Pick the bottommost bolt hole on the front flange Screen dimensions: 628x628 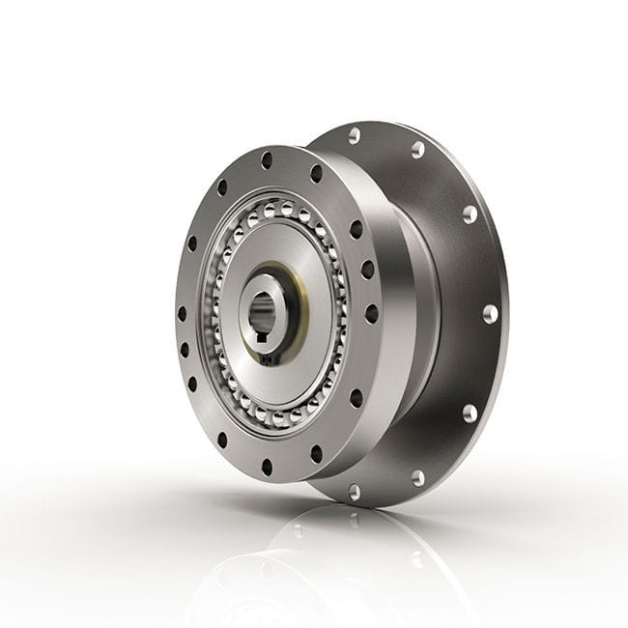click(x=268, y=467)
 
